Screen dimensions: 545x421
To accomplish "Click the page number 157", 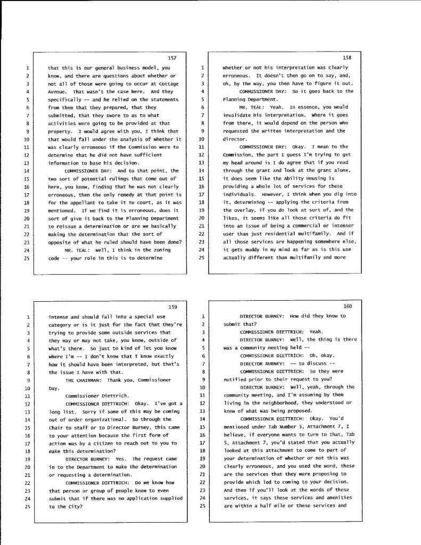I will point(172,57).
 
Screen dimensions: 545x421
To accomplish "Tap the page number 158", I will point(348,57).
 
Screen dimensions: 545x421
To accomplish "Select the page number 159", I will point(172,306).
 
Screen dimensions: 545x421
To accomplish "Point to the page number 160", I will point(348,306).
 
